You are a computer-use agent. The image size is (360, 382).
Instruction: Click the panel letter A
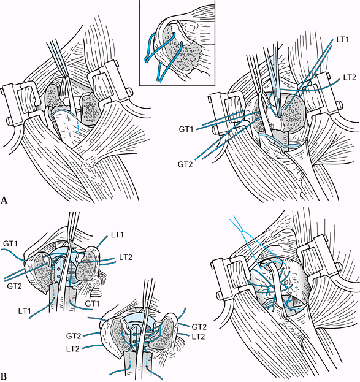point(4,200)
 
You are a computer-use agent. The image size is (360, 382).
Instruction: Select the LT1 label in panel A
point(343,40)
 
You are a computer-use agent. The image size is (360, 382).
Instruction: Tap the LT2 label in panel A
point(350,77)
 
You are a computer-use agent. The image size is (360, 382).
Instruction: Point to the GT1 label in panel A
point(186,129)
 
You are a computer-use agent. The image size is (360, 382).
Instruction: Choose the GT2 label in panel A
point(185,164)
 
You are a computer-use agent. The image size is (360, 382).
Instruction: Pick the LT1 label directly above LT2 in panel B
point(118,235)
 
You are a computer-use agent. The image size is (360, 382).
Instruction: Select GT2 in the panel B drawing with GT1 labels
point(14,286)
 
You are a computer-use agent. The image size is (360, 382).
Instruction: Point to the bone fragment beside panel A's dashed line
point(90,107)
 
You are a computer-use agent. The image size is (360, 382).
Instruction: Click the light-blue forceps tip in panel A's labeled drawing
point(280,115)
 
